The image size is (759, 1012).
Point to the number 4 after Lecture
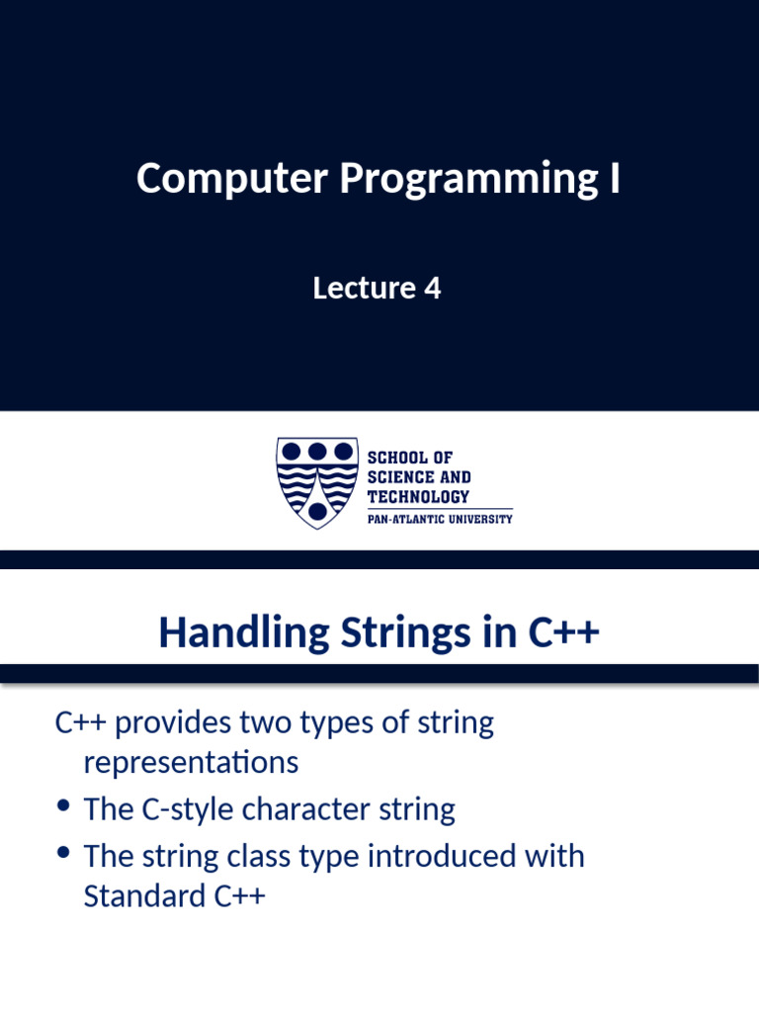[432, 289]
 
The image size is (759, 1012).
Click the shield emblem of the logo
[315, 482]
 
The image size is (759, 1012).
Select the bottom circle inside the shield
[316, 511]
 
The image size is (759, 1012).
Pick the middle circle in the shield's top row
[316, 452]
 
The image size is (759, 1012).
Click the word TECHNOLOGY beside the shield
[418, 496]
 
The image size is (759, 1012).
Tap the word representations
[191, 763]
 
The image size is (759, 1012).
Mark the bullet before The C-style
[64, 806]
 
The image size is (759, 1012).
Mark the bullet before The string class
[64, 851]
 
